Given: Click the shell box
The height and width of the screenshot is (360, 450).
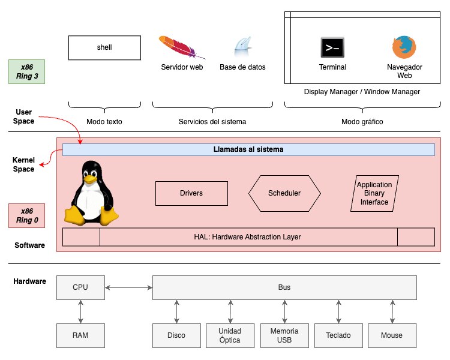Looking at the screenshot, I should click(x=104, y=47).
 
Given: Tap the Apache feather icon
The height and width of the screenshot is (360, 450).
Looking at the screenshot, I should click(x=182, y=46).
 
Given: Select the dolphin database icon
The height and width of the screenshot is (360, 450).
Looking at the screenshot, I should click(x=242, y=47).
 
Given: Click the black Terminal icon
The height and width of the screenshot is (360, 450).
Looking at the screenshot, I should click(x=332, y=47).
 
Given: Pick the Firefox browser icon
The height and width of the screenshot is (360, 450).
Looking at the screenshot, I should click(x=404, y=47).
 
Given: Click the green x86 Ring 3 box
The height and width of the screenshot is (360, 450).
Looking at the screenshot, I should click(x=27, y=71).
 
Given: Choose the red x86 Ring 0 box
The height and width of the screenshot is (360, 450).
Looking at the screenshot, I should click(x=27, y=215).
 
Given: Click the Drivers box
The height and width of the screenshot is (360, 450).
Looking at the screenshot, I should click(x=191, y=193).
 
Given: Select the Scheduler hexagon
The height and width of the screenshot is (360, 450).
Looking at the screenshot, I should click(x=284, y=193).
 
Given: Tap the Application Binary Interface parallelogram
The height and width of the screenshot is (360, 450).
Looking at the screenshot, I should click(x=374, y=193).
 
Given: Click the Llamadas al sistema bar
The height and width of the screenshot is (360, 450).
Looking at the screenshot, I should click(x=248, y=149).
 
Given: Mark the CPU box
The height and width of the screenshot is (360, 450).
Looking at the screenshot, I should click(x=80, y=287).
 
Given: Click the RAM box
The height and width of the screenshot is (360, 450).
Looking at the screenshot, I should click(x=80, y=335).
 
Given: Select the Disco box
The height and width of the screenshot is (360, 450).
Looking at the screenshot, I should click(x=176, y=335).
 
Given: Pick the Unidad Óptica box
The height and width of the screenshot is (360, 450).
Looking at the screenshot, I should click(x=230, y=335).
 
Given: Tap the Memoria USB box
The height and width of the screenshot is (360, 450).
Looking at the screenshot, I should click(x=284, y=335).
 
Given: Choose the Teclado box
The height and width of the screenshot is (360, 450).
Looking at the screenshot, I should click(x=338, y=335).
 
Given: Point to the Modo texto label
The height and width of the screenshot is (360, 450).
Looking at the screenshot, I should click(x=104, y=122).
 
